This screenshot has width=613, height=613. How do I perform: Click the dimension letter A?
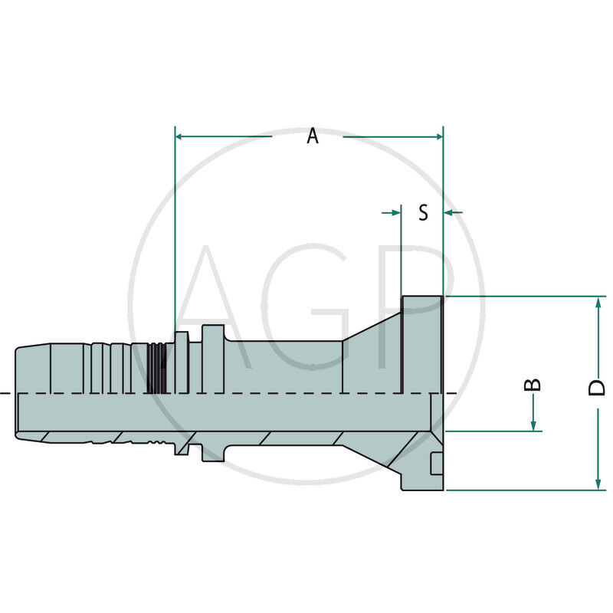tap(312, 136)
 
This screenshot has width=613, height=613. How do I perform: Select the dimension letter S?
tap(423, 212)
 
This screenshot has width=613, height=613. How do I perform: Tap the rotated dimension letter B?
tap(535, 383)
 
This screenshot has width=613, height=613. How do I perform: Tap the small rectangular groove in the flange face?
tap(436, 464)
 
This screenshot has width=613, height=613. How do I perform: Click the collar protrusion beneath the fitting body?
tap(213, 452)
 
